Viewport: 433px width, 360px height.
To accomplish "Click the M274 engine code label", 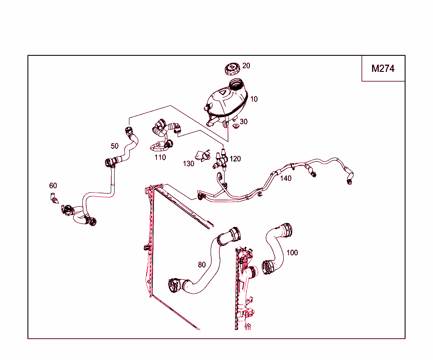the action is tap(383, 68).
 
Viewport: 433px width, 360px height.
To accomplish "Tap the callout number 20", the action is tap(246, 65).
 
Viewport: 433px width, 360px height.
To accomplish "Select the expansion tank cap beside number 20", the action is tap(232, 69).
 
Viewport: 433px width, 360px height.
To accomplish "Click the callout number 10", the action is tap(254, 99).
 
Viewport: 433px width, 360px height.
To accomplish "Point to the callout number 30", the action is tap(244, 122).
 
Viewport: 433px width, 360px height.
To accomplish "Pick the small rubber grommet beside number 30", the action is tap(236, 126).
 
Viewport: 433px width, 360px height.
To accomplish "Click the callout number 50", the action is tap(115, 146).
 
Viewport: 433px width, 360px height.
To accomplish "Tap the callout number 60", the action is tap(53, 185).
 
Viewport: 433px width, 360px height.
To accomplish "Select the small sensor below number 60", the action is tap(55, 198).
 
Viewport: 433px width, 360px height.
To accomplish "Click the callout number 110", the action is tap(160, 158).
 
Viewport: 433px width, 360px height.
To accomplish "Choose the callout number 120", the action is tap(235, 159).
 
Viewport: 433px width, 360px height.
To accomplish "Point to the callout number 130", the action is tap(189, 164).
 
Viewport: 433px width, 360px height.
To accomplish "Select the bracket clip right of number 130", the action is tap(203, 155).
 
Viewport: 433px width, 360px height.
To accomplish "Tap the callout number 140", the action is tap(286, 178).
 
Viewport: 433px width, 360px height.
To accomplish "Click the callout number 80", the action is tap(202, 265).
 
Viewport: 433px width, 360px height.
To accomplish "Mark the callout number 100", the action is tap(292, 253).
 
